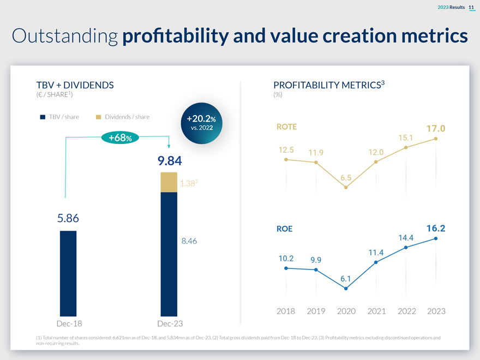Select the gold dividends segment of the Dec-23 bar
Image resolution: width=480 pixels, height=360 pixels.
pyautogui.click(x=169, y=182)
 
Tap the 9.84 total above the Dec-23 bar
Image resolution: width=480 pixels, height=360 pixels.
pyautogui.click(x=169, y=161)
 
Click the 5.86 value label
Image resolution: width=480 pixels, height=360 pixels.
pyautogui.click(x=69, y=218)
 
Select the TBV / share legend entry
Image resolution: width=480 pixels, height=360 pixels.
pyautogui.click(x=60, y=117)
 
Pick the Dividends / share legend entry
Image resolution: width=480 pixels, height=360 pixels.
pyautogui.click(x=122, y=117)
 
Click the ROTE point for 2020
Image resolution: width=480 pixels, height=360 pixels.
pyautogui.click(x=346, y=187)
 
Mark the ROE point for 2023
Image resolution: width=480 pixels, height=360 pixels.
pyautogui.click(x=436, y=238)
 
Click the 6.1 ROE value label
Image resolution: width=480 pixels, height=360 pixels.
pyautogui.click(x=346, y=279)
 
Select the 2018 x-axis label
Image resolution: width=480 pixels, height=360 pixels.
pyautogui.click(x=286, y=311)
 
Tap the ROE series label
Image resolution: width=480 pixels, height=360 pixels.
pyautogui.click(x=285, y=229)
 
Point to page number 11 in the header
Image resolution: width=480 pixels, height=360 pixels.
pyautogui.click(x=471, y=6)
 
